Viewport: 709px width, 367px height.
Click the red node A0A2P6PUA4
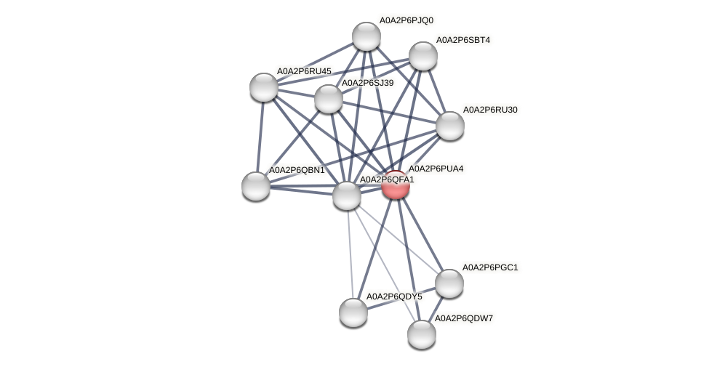tap(396, 185)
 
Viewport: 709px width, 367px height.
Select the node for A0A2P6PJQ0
tap(366, 36)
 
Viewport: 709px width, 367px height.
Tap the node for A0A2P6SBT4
tap(422, 56)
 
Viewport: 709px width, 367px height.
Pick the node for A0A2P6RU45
tap(264, 87)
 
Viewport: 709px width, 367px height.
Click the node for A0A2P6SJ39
tap(329, 99)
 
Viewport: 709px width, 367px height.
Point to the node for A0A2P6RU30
tap(450, 126)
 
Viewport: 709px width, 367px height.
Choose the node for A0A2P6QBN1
tap(256, 185)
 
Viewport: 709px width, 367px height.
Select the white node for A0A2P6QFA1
tap(347, 195)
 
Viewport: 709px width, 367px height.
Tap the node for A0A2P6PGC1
tap(449, 283)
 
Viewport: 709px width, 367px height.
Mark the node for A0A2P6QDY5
tap(353, 312)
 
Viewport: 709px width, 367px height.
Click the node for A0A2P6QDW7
tap(422, 334)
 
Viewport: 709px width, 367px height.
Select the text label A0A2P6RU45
tap(304, 71)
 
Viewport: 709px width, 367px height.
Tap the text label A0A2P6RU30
tap(490, 110)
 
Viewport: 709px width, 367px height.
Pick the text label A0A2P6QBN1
tap(297, 170)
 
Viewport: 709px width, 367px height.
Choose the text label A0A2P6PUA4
tap(436, 169)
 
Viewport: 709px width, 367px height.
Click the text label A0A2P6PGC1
tap(490, 267)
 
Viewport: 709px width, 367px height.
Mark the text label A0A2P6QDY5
tap(394, 297)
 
